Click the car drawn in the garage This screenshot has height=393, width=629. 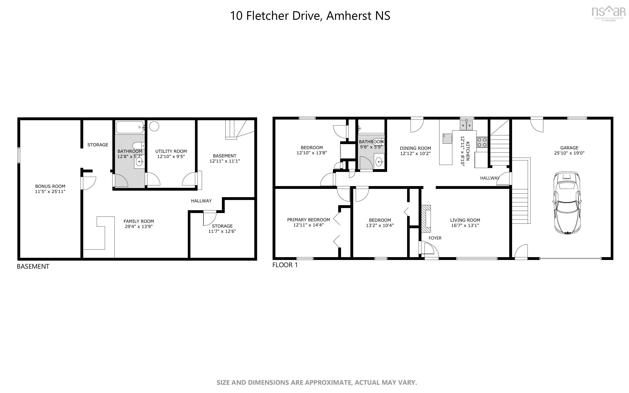[567, 203]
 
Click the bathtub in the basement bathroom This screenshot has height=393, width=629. [130, 127]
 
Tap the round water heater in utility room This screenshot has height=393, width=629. [154, 126]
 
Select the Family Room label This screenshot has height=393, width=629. [138, 221]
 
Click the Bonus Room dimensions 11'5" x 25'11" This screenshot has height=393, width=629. [50, 192]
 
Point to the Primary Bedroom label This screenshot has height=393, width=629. [308, 220]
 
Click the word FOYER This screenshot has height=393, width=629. [435, 238]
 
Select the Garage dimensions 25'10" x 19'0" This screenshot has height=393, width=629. [569, 153]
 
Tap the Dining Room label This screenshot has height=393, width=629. [415, 148]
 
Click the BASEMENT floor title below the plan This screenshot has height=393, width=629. [33, 266]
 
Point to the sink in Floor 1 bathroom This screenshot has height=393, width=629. [379, 162]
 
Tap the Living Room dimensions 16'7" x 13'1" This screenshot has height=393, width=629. [465, 225]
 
